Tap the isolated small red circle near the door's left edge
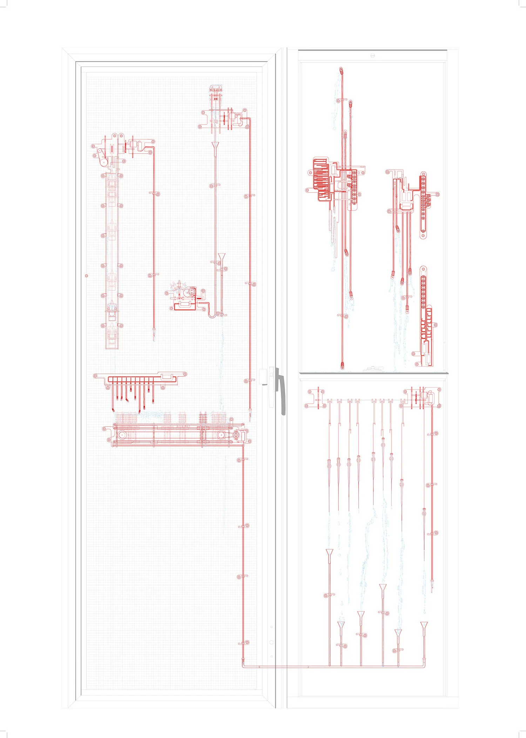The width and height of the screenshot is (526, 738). click(87, 276)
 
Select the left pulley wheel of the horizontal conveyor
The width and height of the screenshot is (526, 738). click(122, 435)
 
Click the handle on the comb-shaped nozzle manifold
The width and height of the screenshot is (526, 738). click(167, 376)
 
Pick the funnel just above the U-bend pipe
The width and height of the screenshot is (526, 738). click(222, 257)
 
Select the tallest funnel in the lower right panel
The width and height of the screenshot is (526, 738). click(329, 552)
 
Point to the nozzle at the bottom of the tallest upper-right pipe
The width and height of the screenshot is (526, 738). click(342, 366)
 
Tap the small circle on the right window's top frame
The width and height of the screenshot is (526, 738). click(373, 55)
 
